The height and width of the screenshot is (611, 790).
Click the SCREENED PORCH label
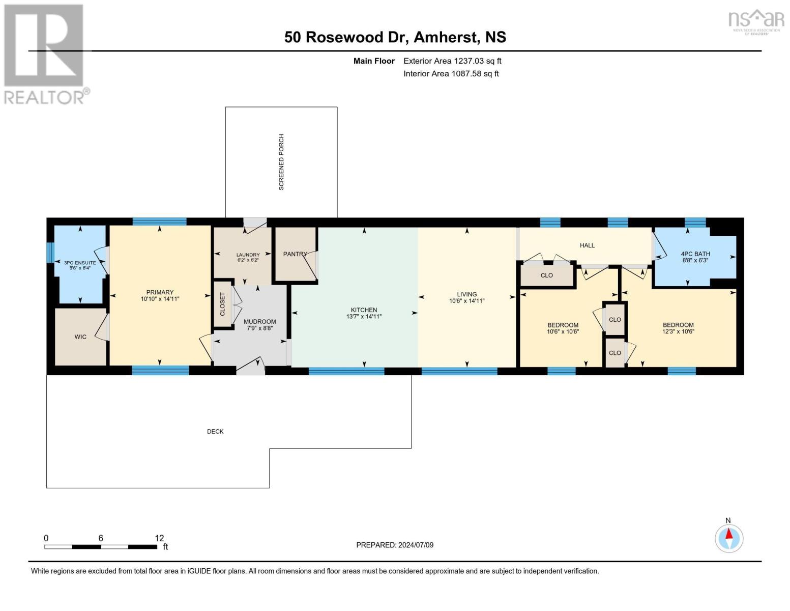281,162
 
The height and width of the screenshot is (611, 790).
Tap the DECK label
215,432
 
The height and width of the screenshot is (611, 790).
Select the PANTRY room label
295,254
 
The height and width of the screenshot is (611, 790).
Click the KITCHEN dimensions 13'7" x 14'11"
364,317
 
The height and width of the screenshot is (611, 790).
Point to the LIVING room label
467,294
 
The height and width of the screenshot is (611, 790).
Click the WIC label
80,337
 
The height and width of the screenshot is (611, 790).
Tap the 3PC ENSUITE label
80,263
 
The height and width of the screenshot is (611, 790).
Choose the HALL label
587,245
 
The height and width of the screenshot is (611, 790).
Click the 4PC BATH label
695,254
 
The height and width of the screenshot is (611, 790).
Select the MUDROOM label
259,322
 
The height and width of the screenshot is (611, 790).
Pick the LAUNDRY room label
248,255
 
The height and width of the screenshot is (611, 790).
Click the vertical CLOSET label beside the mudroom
222,304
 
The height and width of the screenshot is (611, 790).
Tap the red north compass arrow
729,534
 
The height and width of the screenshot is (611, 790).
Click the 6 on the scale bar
101,538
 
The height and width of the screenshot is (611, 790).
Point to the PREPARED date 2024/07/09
416,545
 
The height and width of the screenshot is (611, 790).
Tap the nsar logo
756,21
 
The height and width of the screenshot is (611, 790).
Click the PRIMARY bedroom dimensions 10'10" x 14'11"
160,299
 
